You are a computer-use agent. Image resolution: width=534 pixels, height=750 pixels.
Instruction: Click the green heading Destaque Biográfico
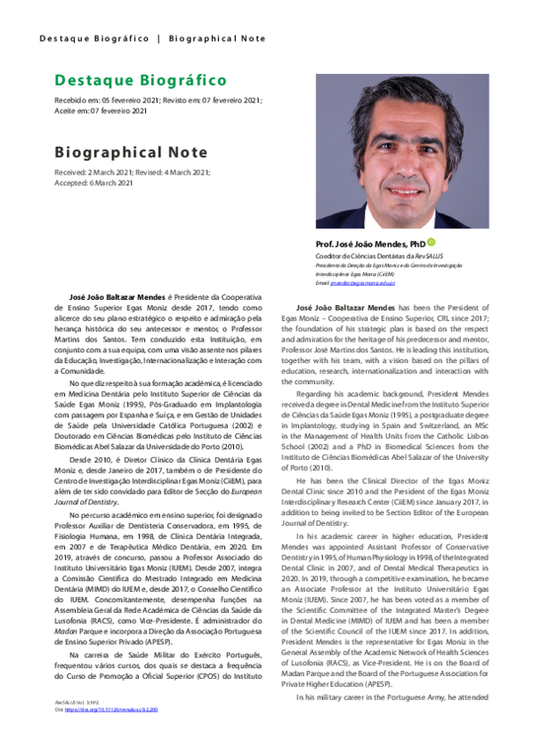(x=140, y=81)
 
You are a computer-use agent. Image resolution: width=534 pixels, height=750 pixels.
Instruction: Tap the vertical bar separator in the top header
(x=158, y=38)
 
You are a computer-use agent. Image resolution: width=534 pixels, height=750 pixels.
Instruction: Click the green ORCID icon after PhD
(x=432, y=242)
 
